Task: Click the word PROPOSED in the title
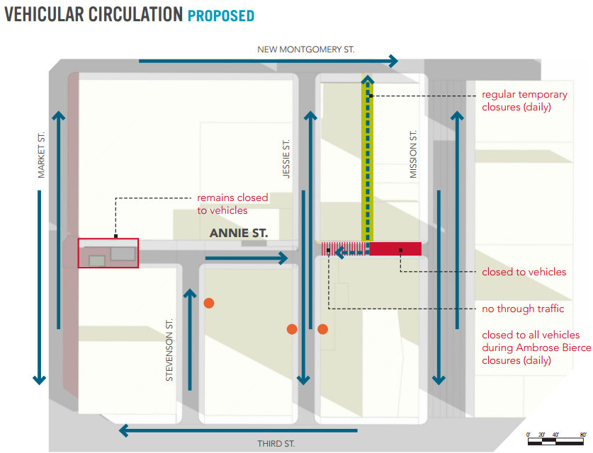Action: tap(221, 16)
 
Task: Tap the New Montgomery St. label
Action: tap(306, 50)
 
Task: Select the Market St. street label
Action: tap(41, 155)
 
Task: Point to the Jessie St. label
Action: tap(286, 159)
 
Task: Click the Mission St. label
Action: tap(413, 154)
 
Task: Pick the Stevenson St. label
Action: tap(169, 350)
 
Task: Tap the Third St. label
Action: tap(276, 444)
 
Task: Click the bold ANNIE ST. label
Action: tap(239, 233)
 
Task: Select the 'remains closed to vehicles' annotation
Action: tap(232, 204)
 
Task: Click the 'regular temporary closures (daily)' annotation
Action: tap(524, 101)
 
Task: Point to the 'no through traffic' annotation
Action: tap(523, 309)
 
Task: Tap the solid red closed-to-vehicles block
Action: tap(395, 249)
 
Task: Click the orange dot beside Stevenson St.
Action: tap(209, 303)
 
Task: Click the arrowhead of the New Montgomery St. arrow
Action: tap(394, 61)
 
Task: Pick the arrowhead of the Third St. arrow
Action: tap(124, 430)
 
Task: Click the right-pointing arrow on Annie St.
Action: tap(247, 258)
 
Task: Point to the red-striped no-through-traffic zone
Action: tap(345, 249)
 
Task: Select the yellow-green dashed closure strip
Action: tap(367, 158)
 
